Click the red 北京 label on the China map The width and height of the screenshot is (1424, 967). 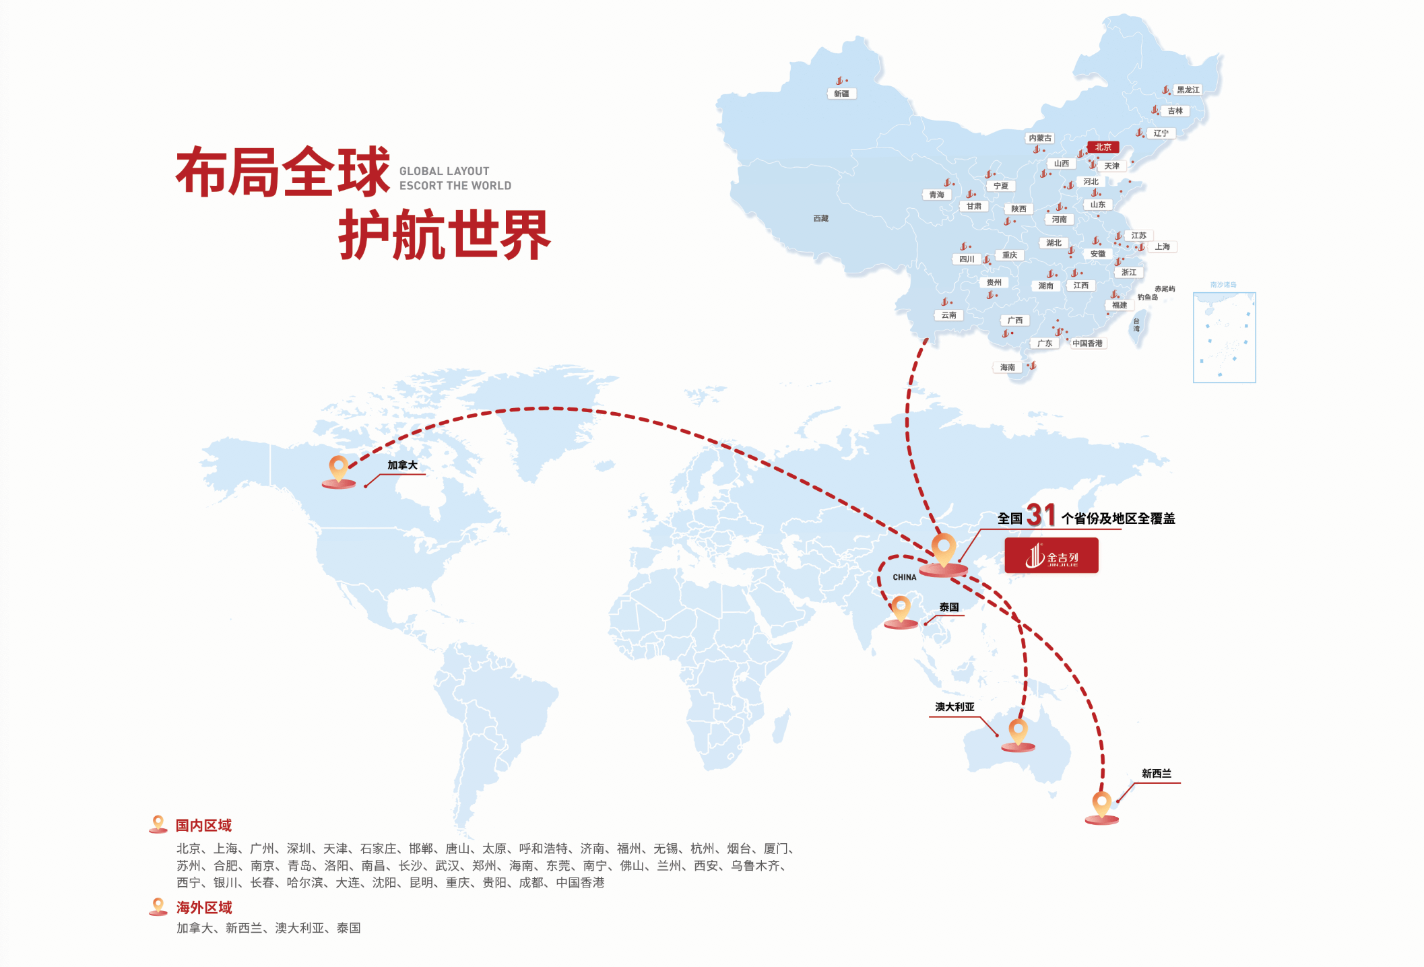1103,147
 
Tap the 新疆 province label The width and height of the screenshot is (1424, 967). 841,94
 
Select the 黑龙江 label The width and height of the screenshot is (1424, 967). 1188,90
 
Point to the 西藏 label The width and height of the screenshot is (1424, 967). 820,218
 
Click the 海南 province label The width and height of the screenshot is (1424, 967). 1007,367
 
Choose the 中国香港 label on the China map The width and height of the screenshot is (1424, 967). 1088,343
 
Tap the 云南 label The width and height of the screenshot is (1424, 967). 948,315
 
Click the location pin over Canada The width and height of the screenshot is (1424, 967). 338,471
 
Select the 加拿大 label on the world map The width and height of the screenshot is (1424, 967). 402,465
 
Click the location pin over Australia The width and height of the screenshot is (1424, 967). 1018,735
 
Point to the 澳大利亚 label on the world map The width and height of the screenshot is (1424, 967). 954,706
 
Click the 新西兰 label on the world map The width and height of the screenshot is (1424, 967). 1157,773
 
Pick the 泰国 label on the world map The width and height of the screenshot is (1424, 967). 949,607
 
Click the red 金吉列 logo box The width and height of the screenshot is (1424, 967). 1051,556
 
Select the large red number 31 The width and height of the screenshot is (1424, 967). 1041,515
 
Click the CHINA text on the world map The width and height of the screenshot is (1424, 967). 905,577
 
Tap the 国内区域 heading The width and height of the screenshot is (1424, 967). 203,825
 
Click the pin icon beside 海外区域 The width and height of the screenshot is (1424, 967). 158,906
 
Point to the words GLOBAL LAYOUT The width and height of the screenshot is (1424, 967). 445,171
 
